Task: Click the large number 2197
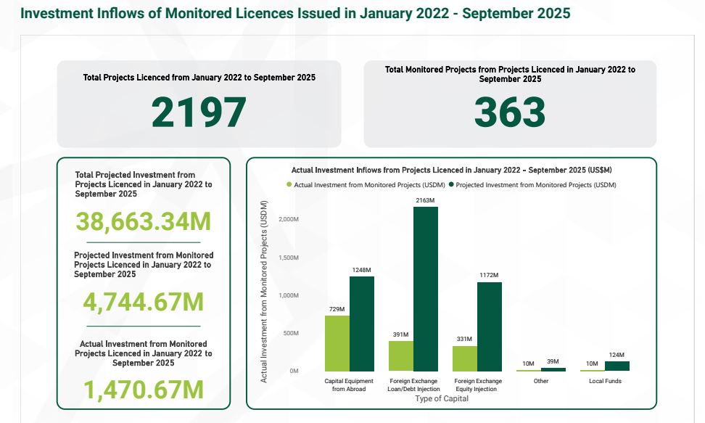tap(199, 112)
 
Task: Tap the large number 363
tap(509, 112)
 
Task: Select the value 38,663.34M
tap(144, 221)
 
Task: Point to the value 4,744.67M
tap(144, 302)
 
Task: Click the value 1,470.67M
tap(144, 390)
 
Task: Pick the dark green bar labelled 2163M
tap(426, 289)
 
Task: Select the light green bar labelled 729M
tap(337, 343)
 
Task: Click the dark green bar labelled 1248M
tap(362, 324)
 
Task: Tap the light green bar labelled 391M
tap(401, 356)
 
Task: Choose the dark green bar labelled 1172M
tap(490, 327)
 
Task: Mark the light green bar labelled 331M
tap(465, 358)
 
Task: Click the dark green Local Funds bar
tap(617, 366)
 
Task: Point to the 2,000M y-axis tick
tap(289, 219)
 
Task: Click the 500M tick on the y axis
tap(292, 333)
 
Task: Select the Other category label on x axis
tap(540, 381)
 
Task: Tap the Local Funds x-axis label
tap(605, 381)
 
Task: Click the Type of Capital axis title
tap(441, 399)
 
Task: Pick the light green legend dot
tap(289, 185)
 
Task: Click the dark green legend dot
tap(450, 185)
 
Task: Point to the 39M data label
tap(553, 362)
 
